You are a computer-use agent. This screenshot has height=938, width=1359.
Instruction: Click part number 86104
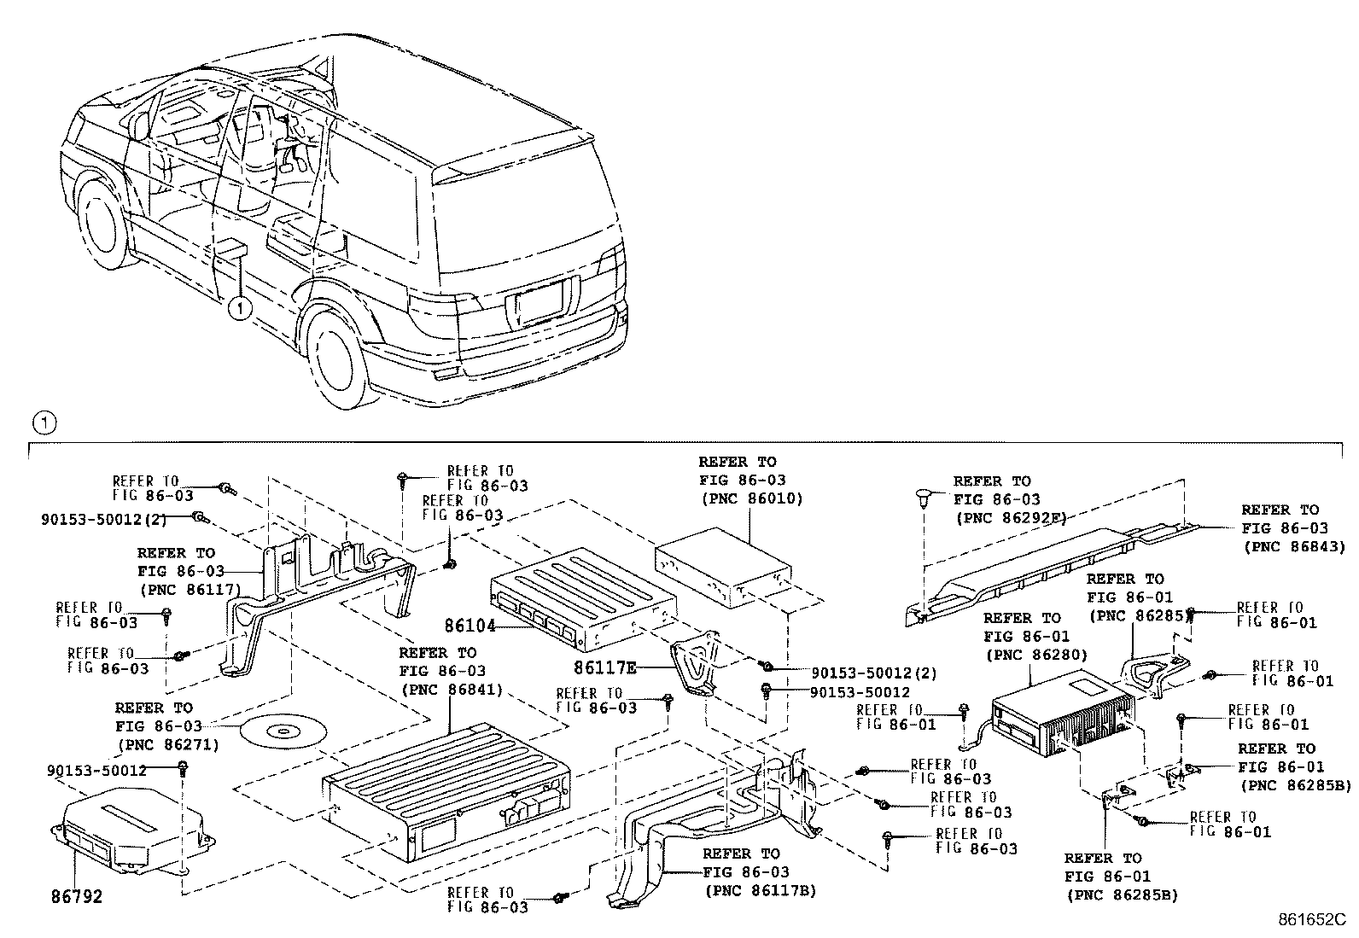point(469,625)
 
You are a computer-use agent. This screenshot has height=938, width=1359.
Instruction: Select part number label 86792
point(77,897)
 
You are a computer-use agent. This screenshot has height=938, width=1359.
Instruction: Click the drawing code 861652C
point(1310,920)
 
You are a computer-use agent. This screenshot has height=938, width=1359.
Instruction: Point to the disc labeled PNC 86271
point(280,731)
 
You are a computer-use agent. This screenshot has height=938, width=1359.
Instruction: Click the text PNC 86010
point(750,498)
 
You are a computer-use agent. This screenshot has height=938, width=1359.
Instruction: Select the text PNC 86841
point(450,689)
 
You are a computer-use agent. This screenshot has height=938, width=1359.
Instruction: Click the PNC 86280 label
point(1035,655)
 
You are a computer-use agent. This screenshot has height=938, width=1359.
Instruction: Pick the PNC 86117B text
point(760,891)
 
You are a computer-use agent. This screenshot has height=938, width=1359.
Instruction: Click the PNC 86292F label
point(1010,517)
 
